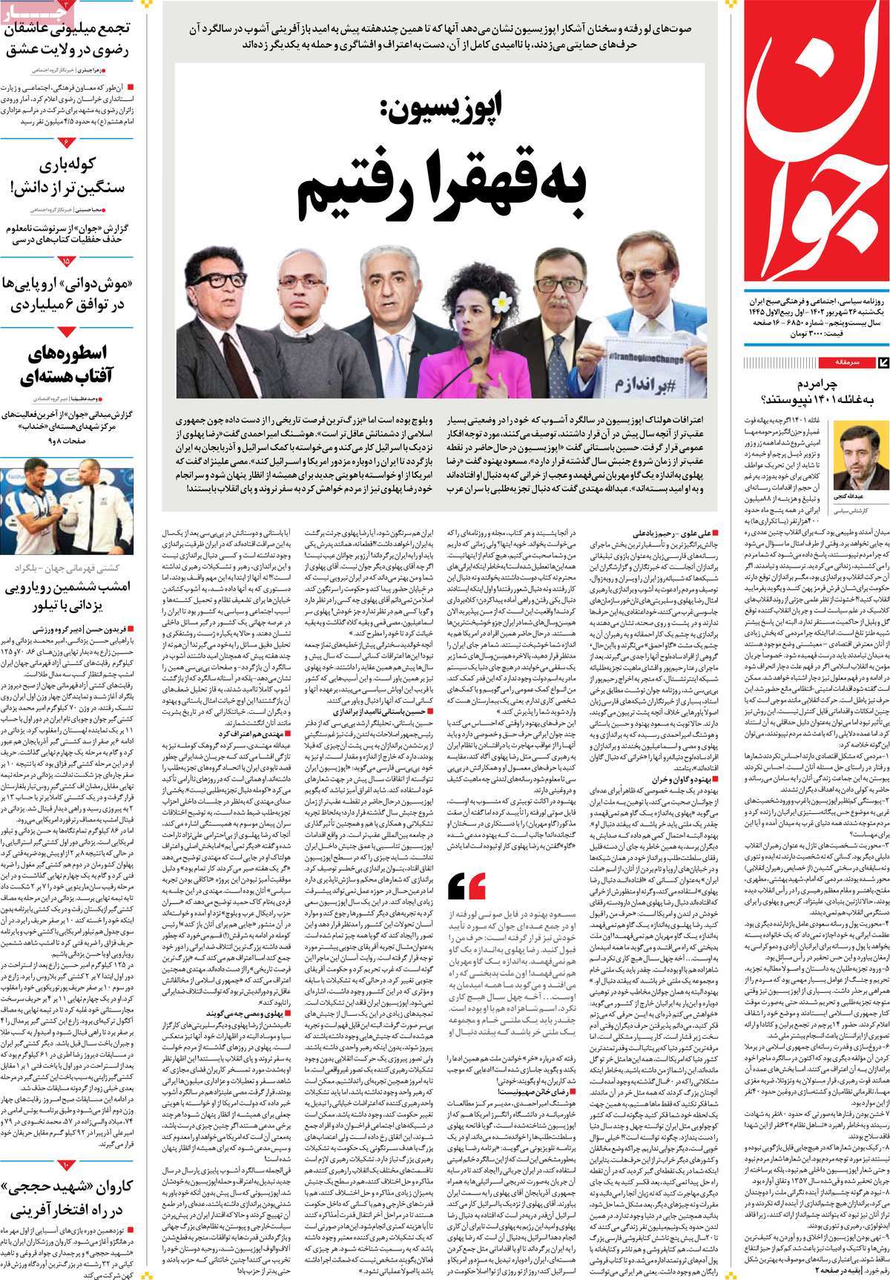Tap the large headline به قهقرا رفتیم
441,190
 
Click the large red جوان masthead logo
816,148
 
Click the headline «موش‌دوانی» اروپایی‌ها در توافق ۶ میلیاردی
70,293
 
